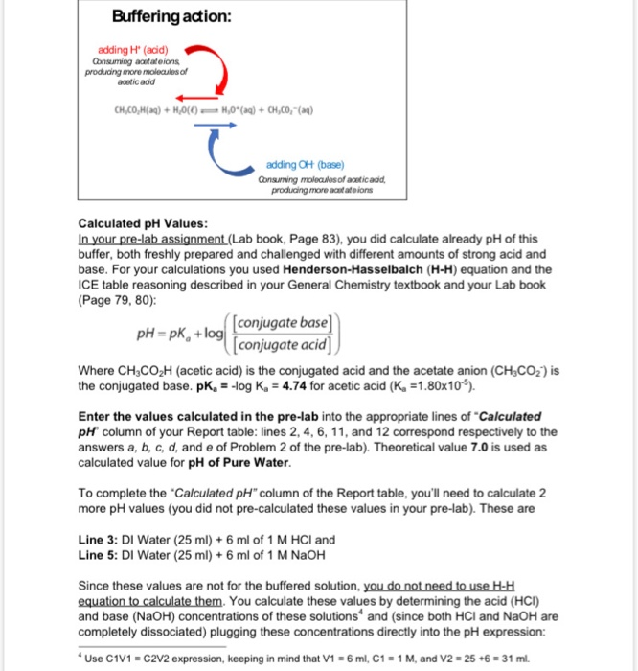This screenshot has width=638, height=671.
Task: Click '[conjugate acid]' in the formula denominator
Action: tap(279, 344)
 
